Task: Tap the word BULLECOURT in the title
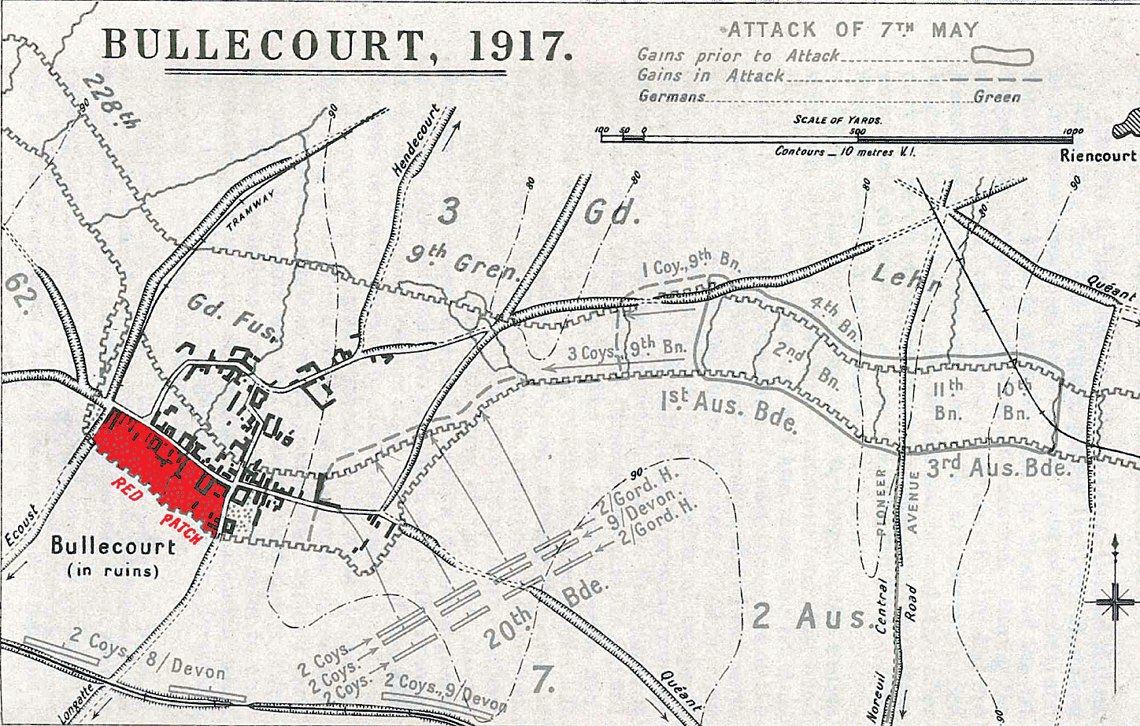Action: coord(264,46)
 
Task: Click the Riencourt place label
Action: coord(1097,155)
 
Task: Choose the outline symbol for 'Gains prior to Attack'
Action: coord(1001,56)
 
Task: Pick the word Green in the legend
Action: coord(997,97)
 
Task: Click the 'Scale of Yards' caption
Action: coord(838,120)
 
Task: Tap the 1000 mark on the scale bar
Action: coord(1072,131)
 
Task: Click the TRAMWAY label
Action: coord(250,209)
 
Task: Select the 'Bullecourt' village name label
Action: coord(113,545)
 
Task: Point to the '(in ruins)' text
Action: coord(113,570)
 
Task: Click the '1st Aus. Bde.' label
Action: coord(729,410)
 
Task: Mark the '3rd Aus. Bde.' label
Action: coord(997,468)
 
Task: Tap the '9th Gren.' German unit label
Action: coord(465,261)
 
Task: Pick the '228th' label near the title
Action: coord(110,101)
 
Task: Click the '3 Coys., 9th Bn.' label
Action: coord(627,349)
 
